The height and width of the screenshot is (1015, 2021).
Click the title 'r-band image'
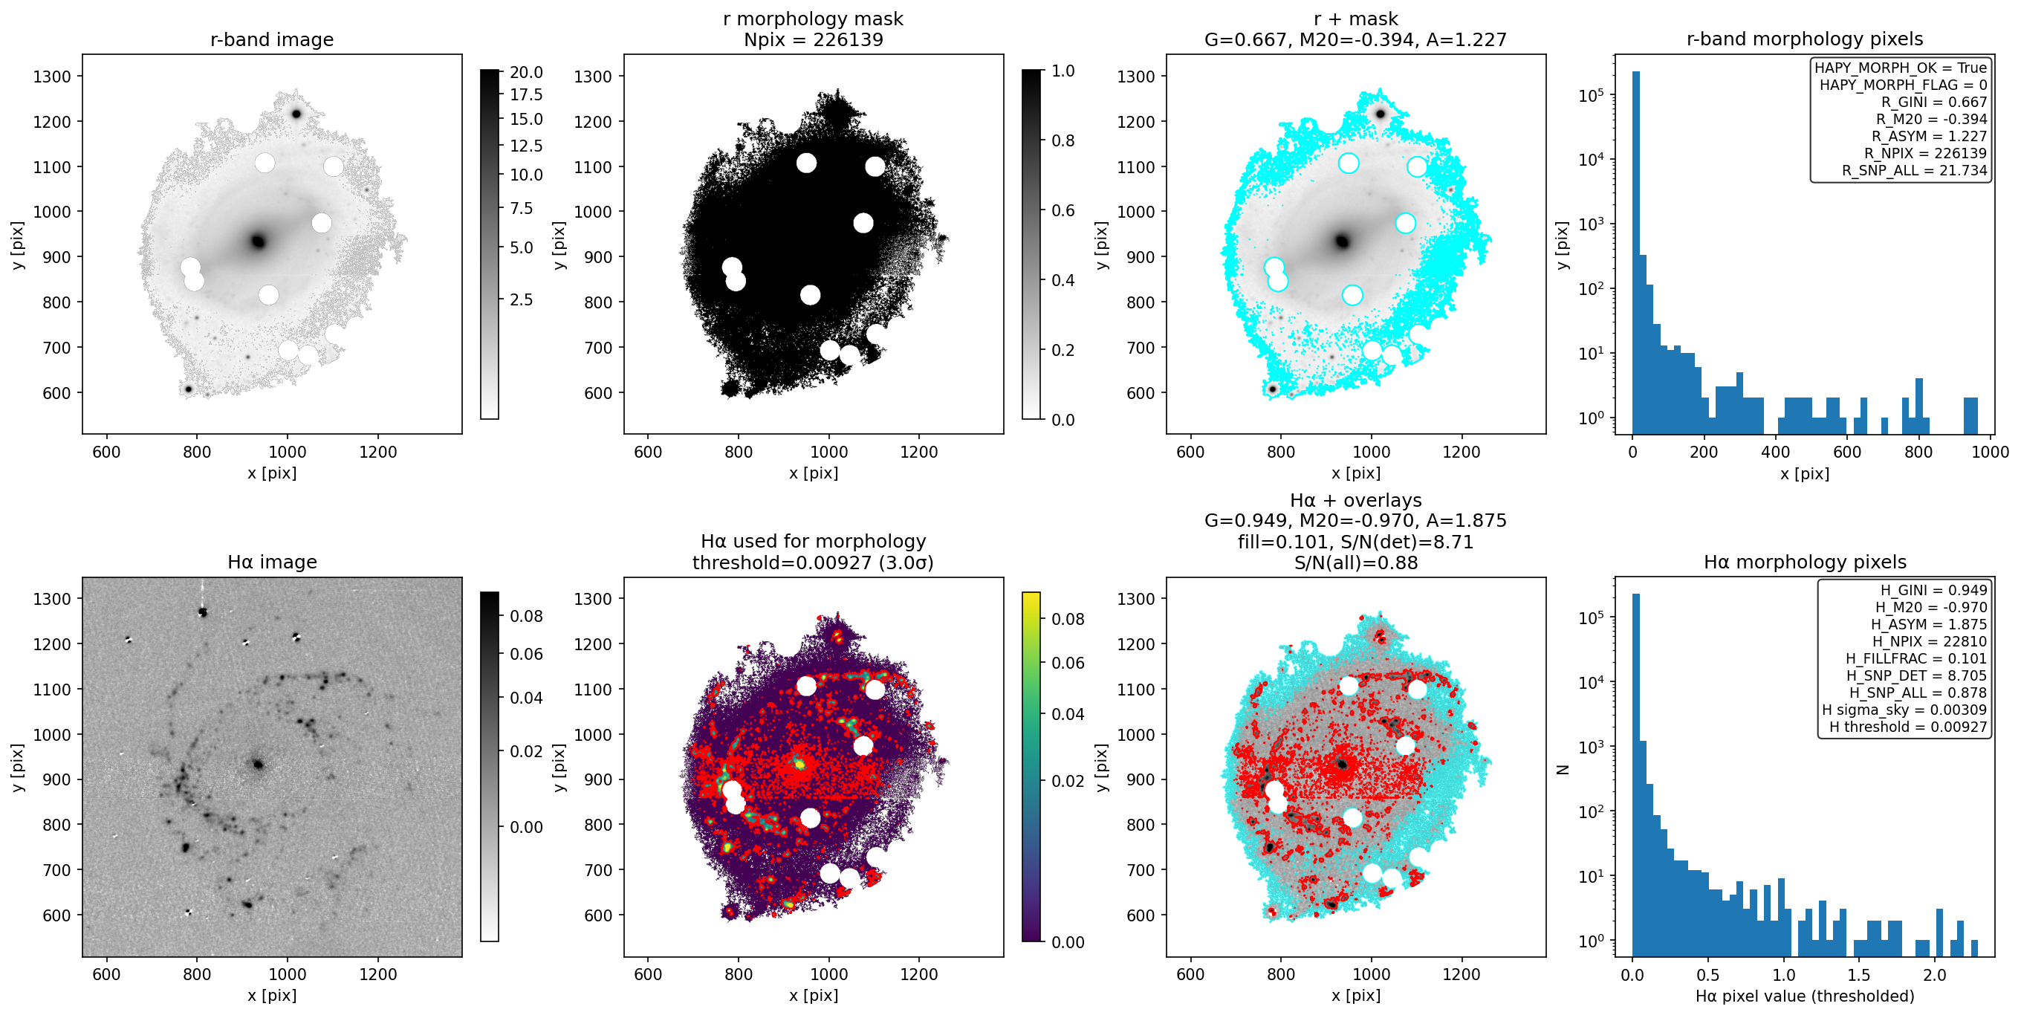pyautogui.click(x=271, y=39)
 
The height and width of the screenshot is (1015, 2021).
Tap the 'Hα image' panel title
pyautogui.click(x=271, y=562)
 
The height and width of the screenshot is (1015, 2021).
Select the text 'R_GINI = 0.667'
pyautogui.click(x=1934, y=102)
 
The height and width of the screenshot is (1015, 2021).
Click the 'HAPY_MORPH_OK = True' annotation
pyautogui.click(x=1900, y=68)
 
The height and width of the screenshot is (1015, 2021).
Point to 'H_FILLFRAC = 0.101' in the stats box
pyautogui.click(x=1916, y=658)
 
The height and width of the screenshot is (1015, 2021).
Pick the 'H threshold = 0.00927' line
pyautogui.click(x=1908, y=727)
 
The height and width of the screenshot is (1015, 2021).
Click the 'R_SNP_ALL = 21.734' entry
pyautogui.click(x=1914, y=170)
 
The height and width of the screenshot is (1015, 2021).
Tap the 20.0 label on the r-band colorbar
pyautogui.click(x=525, y=72)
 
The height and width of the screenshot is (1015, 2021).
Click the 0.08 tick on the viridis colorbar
pyautogui.click(x=1068, y=619)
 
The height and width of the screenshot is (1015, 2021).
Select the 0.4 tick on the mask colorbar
pyautogui.click(x=1063, y=280)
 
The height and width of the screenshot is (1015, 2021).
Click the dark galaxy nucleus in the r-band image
pyautogui.click(x=258, y=241)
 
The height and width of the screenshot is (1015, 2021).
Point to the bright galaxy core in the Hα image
pyautogui.click(x=257, y=764)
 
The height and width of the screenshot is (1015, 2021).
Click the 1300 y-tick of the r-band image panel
pyautogui.click(x=52, y=76)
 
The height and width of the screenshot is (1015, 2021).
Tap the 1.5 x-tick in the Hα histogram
pyautogui.click(x=1858, y=974)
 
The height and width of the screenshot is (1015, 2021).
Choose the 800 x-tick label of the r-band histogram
pyautogui.click(x=1918, y=452)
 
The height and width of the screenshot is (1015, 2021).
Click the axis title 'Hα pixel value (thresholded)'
pyautogui.click(x=1805, y=996)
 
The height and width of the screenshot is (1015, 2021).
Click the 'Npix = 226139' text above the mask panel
pyautogui.click(x=813, y=39)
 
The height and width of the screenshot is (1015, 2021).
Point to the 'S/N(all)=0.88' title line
pyautogui.click(x=1356, y=562)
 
